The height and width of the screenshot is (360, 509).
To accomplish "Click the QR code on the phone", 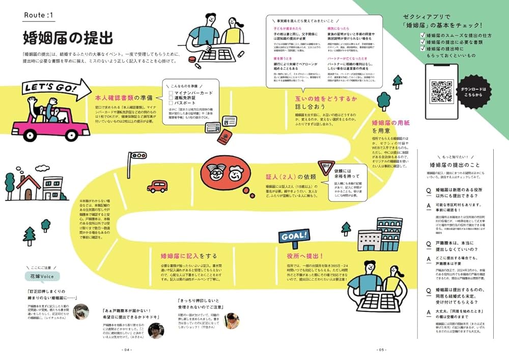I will [x=441, y=91].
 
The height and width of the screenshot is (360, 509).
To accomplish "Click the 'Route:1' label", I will [x=39, y=16].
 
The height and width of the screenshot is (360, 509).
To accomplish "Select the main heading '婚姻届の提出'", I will [x=68, y=38].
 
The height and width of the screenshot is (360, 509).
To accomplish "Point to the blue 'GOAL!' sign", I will [x=294, y=235].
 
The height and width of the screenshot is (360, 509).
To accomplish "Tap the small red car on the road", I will [x=157, y=186].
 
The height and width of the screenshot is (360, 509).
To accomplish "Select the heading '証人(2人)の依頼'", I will [x=291, y=177].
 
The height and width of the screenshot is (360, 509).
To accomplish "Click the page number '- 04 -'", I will [x=127, y=350].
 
